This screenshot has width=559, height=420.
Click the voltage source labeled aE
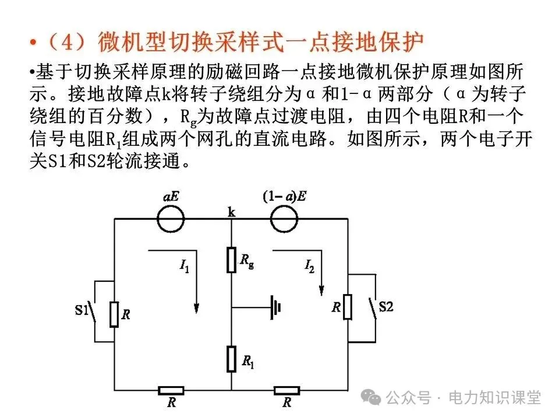[171, 219]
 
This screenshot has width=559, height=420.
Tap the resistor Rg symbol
[231, 259]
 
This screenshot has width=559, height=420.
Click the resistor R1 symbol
[231, 357]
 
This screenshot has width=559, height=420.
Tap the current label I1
[185, 268]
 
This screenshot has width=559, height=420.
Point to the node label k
[231, 213]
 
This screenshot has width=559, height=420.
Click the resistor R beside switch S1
[114, 314]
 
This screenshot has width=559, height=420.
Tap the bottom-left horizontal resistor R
[171, 390]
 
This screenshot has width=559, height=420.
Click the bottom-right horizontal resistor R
[286, 390]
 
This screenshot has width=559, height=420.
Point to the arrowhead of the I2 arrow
[321, 290]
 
